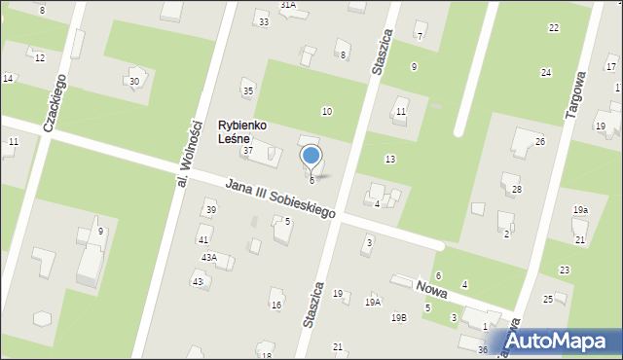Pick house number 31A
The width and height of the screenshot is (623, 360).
coord(288,5)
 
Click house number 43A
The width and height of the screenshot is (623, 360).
coord(208,257)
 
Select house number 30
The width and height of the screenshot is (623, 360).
coord(134,81)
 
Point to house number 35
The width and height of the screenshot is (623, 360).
coord(248,91)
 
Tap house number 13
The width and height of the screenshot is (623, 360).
coord(389,159)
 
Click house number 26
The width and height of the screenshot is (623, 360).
coord(539,142)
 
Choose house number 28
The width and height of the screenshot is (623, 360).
coord(517,189)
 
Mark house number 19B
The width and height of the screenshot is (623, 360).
coord(398,317)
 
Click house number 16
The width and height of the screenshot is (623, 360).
coord(276,306)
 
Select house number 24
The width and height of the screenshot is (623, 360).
coord(546,73)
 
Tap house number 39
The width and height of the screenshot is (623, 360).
coord(210,210)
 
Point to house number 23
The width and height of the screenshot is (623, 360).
coord(564,270)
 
